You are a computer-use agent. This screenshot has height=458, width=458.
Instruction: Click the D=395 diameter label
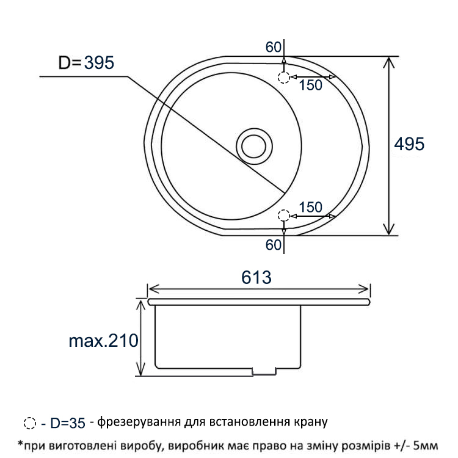pos(86,62)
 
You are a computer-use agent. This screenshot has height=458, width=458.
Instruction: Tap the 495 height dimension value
pos(409,144)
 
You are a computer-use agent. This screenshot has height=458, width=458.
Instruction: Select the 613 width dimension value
pos(256,277)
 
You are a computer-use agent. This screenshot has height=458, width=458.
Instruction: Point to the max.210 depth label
pos(103,341)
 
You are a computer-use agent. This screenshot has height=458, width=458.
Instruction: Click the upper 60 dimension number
pos(273,47)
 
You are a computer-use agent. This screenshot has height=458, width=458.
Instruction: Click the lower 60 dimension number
pos(273,245)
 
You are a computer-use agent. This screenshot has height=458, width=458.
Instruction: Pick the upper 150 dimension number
pos(310,85)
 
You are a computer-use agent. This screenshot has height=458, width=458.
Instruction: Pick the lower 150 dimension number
pos(310,207)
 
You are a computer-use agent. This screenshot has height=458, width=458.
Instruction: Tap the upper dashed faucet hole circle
pos(283,78)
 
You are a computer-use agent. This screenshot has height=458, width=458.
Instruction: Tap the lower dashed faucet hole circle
pos(283,216)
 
